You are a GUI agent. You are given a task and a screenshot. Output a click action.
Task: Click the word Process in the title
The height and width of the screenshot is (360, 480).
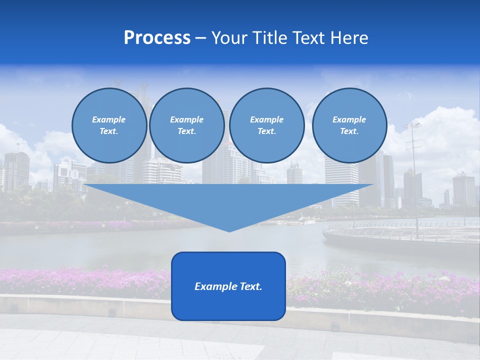(157, 38)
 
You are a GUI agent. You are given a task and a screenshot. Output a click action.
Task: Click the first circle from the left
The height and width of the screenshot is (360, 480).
(109, 125)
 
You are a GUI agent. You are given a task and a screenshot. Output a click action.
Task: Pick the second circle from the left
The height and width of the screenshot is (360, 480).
(186, 125)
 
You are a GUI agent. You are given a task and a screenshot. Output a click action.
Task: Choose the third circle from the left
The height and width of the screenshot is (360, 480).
(266, 125)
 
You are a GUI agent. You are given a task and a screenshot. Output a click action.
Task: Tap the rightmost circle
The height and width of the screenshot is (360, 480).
(349, 125)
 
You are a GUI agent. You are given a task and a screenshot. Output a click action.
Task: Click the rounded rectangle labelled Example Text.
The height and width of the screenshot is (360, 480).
(228, 286)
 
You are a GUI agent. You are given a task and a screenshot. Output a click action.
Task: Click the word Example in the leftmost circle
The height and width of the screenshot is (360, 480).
(109, 119)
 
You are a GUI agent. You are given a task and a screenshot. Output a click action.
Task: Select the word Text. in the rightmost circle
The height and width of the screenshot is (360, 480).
(349, 131)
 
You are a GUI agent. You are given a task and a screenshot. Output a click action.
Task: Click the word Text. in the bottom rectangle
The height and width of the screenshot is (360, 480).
(251, 286)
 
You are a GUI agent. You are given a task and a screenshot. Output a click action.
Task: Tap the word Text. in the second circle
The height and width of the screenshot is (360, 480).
(186, 131)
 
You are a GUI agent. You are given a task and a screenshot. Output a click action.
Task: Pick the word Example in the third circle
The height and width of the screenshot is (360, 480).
(266, 119)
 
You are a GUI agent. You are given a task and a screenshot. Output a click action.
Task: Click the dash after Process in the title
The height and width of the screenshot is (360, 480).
(201, 38)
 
